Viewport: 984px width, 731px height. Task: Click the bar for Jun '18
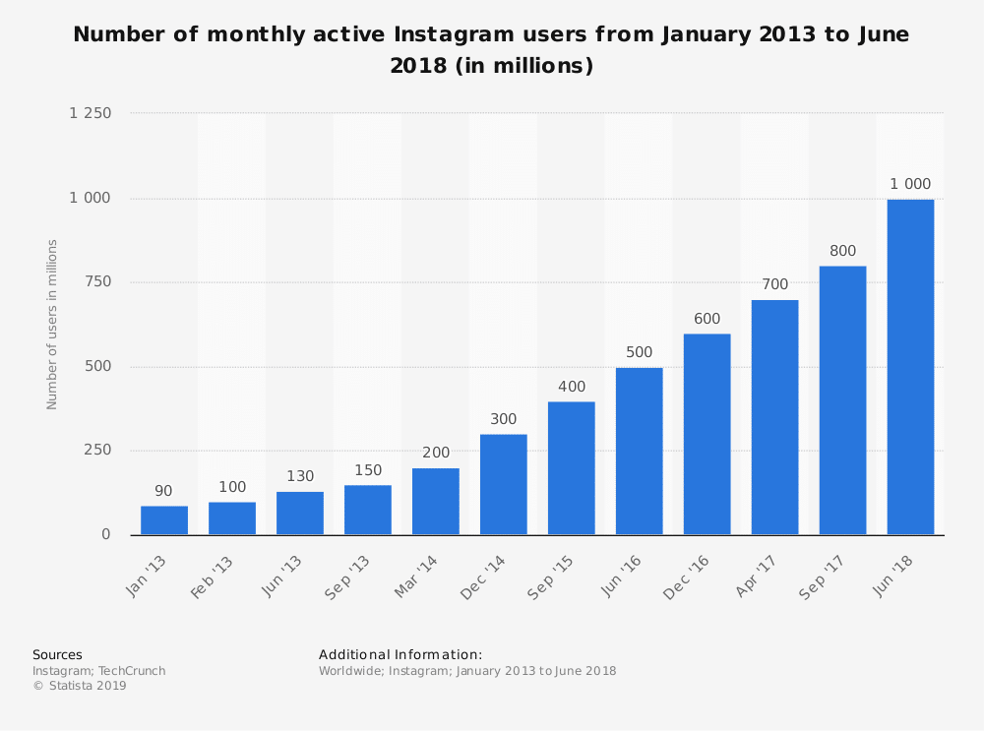tap(910, 367)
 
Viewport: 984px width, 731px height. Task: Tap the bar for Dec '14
tap(504, 484)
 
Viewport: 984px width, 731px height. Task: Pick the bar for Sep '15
tap(572, 468)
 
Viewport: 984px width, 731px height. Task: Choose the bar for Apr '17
tap(774, 417)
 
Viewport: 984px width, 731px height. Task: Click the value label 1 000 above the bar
tap(910, 184)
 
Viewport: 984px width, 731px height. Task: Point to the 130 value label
tap(300, 476)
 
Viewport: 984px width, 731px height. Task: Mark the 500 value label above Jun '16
tap(640, 352)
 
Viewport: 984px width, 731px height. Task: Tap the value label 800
tap(842, 251)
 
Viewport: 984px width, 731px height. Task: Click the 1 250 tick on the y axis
tap(91, 113)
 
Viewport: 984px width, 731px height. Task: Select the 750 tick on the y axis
tap(98, 282)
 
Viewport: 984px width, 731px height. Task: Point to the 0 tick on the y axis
tap(106, 534)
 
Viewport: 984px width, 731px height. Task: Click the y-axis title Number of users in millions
tap(52, 324)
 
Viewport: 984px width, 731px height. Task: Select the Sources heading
tap(57, 654)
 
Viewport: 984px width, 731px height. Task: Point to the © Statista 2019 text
tap(80, 686)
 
